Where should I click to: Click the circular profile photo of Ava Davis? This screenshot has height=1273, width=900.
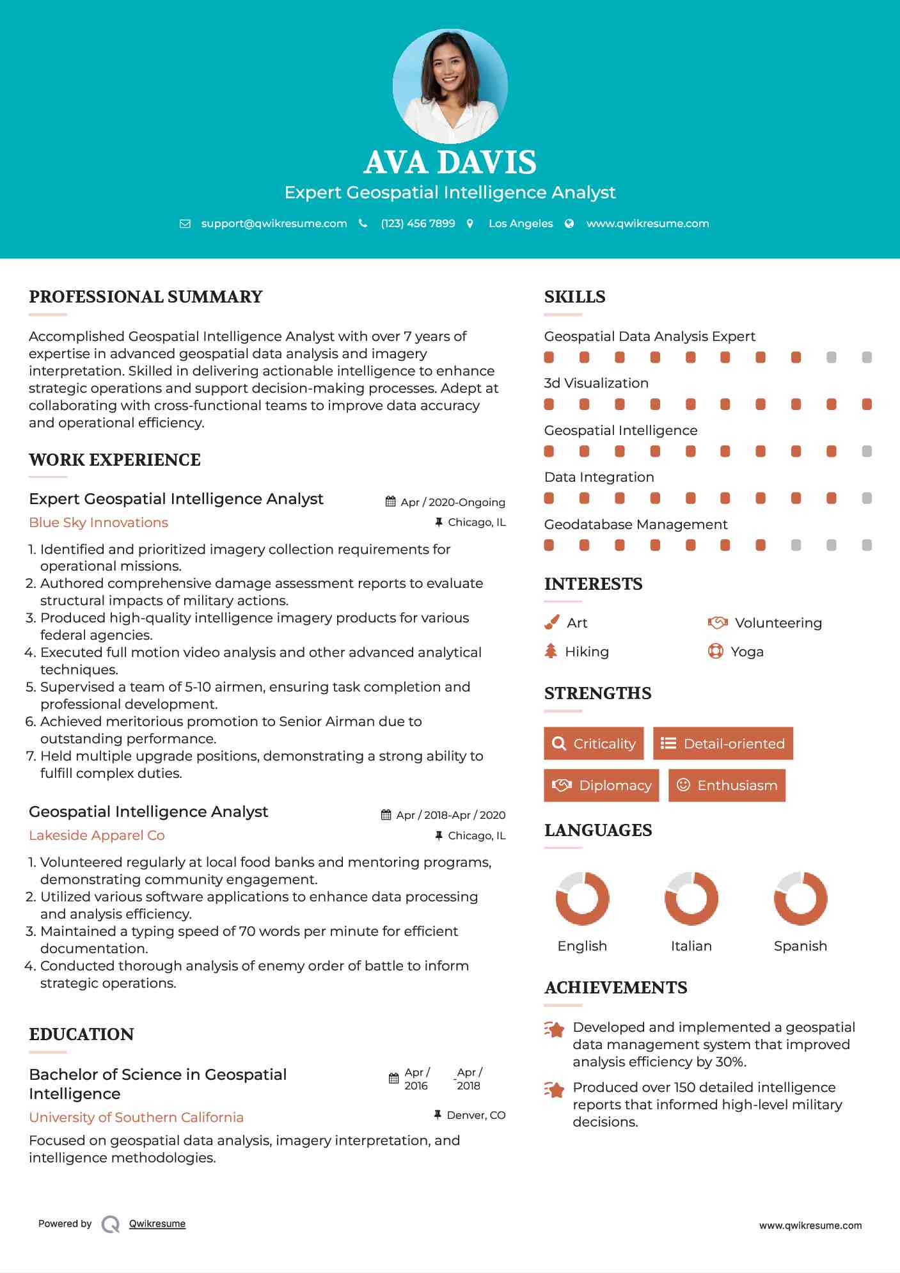pos(450,86)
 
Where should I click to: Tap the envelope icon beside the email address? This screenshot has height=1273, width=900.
pos(185,224)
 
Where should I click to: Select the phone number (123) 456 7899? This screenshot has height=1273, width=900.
pos(418,224)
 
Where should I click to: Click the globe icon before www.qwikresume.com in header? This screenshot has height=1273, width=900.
pos(569,224)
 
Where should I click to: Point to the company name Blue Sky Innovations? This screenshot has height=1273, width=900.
pos(99,523)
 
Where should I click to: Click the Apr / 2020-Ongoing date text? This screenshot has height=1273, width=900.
pos(452,502)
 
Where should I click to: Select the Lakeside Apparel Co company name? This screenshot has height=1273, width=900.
pos(97,835)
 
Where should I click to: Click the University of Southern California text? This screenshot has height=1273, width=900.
pos(136,1118)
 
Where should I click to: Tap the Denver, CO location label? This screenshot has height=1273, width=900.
pos(476,1115)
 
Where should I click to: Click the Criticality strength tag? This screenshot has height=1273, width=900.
pos(594,743)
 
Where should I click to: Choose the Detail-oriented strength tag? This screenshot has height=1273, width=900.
pos(723,743)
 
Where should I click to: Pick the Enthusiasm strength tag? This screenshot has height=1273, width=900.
pos(727,786)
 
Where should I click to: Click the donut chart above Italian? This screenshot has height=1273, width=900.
pos(691,898)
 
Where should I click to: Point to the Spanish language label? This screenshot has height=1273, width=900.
pos(800,946)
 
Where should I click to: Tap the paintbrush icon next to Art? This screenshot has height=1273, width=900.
pos(551,623)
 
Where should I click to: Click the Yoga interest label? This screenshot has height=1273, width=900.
pos(747,652)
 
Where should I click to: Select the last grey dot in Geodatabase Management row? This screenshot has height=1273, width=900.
pos(867,545)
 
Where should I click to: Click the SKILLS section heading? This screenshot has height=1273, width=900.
pos(574,297)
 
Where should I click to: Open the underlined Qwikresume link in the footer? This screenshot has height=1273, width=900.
pos(157,1224)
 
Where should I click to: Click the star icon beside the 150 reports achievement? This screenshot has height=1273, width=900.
pos(555,1089)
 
